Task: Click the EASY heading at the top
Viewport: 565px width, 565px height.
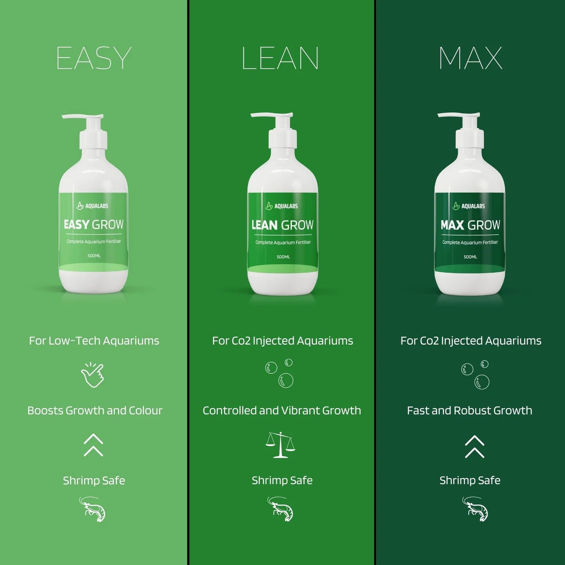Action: (94, 58)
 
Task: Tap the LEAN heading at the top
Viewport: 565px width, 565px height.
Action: (280, 58)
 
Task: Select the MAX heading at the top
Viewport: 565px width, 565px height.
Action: (470, 58)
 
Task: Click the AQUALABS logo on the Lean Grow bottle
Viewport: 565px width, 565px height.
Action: (282, 206)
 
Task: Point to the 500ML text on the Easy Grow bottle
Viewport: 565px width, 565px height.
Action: (94, 256)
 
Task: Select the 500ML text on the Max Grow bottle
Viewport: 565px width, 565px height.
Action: (470, 257)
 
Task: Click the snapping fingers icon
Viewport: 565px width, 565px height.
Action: (93, 375)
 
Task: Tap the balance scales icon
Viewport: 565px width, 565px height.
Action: (280, 445)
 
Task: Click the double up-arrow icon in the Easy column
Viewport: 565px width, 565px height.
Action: (93, 445)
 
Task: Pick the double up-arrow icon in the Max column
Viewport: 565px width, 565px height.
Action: (475, 446)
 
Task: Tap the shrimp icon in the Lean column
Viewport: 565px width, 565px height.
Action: (280, 509)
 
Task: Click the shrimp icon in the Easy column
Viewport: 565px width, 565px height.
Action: (92, 509)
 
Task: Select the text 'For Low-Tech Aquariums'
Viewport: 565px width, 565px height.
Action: (94, 341)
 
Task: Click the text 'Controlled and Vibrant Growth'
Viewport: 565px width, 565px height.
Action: (282, 411)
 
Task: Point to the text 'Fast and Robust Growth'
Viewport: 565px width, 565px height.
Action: (470, 411)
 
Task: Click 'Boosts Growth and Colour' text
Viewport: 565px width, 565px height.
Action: (95, 411)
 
